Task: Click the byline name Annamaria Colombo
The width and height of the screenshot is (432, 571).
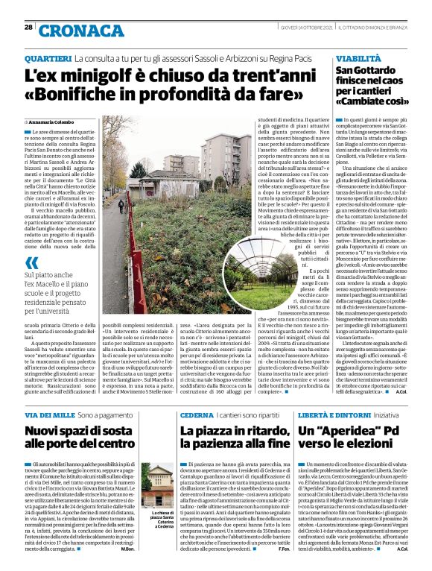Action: tap(54, 121)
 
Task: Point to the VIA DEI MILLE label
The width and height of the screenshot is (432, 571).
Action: tap(49, 414)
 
